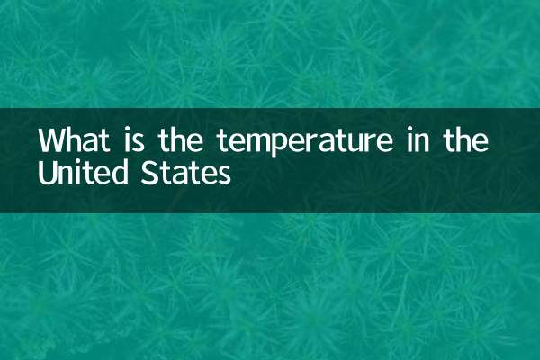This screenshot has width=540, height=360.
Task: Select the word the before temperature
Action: click(x=179, y=142)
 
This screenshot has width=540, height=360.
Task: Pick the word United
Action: click(x=82, y=172)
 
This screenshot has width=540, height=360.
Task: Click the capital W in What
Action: click(x=52, y=142)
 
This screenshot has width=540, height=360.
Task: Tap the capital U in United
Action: click(x=46, y=172)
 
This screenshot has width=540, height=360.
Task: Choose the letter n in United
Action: click(x=66, y=174)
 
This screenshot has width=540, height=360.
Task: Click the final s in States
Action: click(x=223, y=174)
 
